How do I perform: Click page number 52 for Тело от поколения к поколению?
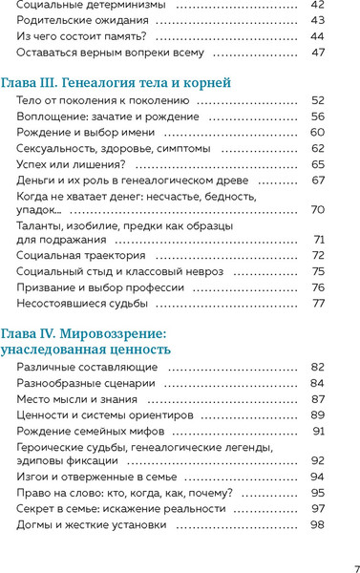[x=318, y=100]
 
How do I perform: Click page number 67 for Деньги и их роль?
[x=318, y=180]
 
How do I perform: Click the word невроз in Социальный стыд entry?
[x=202, y=271]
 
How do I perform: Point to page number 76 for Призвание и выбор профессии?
[x=318, y=287]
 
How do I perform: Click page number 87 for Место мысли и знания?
[x=318, y=398]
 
